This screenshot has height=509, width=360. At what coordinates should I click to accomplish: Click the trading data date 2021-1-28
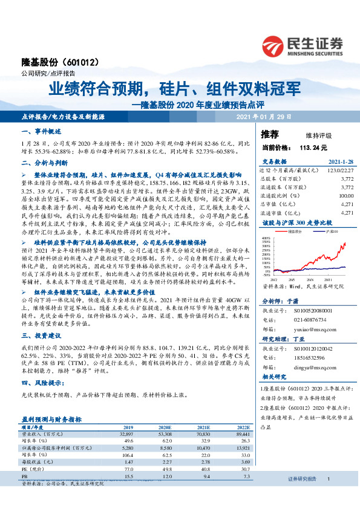click(x=341, y=162)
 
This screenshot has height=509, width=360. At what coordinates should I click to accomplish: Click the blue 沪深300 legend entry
click(x=330, y=232)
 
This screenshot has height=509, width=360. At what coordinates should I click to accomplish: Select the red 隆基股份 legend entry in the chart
click(x=295, y=232)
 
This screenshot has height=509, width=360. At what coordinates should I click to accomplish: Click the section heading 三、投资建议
click(x=41, y=336)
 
